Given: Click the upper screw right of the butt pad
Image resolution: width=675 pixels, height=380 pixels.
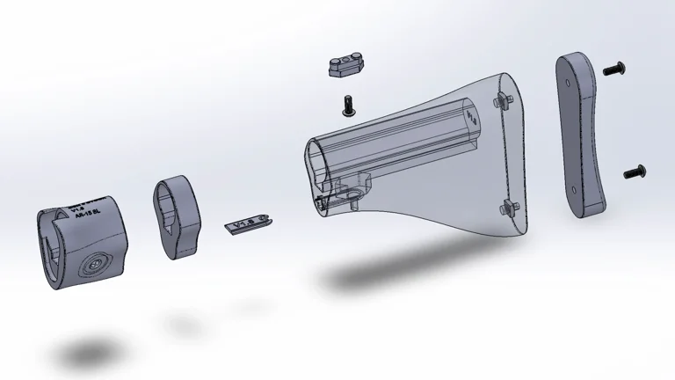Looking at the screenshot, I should pyautogui.click(x=617, y=67).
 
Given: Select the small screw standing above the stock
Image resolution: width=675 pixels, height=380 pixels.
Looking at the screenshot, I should pyautogui.click(x=348, y=106).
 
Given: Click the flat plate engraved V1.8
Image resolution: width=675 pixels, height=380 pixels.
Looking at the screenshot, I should pyautogui.click(x=246, y=226).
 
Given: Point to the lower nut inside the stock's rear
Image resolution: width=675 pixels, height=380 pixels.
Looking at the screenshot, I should pyautogui.click(x=508, y=208).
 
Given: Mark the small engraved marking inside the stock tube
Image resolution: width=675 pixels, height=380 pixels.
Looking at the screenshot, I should pyautogui.click(x=472, y=115).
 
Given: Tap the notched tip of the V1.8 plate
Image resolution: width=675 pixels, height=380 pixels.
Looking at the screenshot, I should pyautogui.click(x=267, y=217).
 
